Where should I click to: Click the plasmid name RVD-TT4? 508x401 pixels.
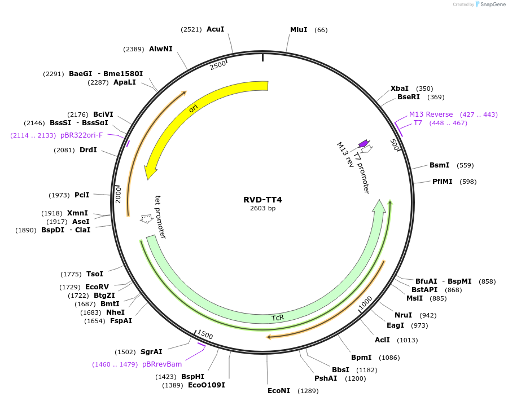(262, 200)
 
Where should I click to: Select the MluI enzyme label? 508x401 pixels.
(299, 29)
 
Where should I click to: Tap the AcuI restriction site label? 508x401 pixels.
(215, 29)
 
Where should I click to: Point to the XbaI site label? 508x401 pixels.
(400, 89)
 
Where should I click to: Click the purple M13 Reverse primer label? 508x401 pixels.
(431, 114)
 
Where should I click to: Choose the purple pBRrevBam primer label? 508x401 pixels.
(161, 364)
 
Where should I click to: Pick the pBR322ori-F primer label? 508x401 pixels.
(81, 135)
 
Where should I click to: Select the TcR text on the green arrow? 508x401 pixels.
(278, 318)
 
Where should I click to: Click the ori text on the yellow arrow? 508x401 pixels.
(193, 108)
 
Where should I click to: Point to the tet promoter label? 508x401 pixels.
(160, 218)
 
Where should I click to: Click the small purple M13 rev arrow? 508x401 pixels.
(364, 144)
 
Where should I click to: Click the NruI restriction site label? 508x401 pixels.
(403, 315)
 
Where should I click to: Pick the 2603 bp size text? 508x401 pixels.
(262, 209)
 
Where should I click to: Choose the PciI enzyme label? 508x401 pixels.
(82, 195)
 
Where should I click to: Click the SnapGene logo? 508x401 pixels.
(490, 5)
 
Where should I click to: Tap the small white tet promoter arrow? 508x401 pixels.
(147, 218)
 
